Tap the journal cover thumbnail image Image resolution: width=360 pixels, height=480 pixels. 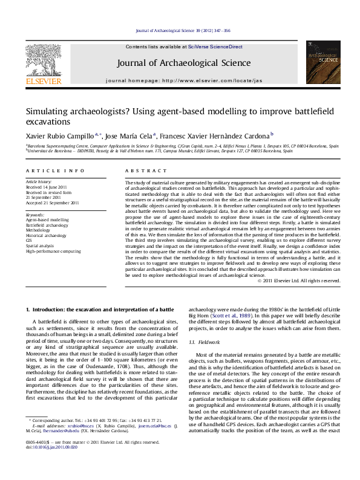click(322, 62)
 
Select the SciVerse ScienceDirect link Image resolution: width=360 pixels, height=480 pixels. click(215, 47)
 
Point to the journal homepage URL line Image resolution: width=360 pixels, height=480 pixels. click(184, 80)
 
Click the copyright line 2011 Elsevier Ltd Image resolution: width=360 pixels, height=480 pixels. click(299, 281)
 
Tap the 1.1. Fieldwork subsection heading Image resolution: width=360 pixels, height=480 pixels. click(204, 342)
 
